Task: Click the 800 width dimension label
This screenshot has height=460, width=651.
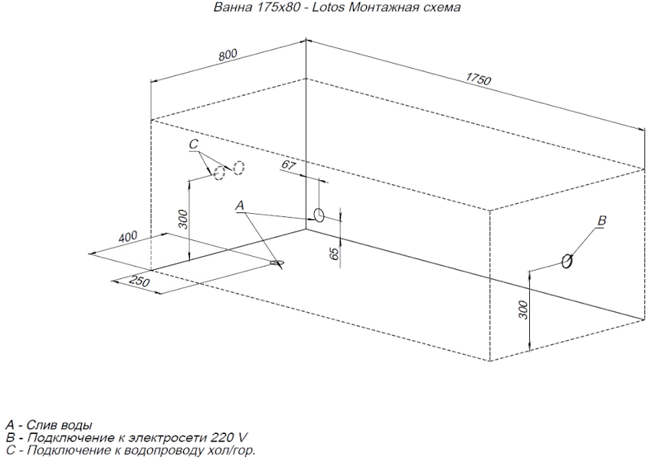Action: click(228, 54)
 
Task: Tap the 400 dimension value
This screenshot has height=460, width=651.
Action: click(127, 236)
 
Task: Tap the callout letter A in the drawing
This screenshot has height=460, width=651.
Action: click(240, 205)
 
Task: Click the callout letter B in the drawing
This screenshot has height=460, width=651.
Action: click(601, 221)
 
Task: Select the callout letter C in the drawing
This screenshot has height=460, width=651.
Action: click(195, 144)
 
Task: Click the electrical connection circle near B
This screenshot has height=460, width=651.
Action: click(567, 261)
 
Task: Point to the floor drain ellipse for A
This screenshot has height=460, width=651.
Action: click(277, 263)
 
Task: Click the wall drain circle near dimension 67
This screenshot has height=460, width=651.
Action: click(319, 214)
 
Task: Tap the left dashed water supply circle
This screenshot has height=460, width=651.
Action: click(220, 172)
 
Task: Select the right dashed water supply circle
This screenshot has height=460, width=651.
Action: click(239, 167)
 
